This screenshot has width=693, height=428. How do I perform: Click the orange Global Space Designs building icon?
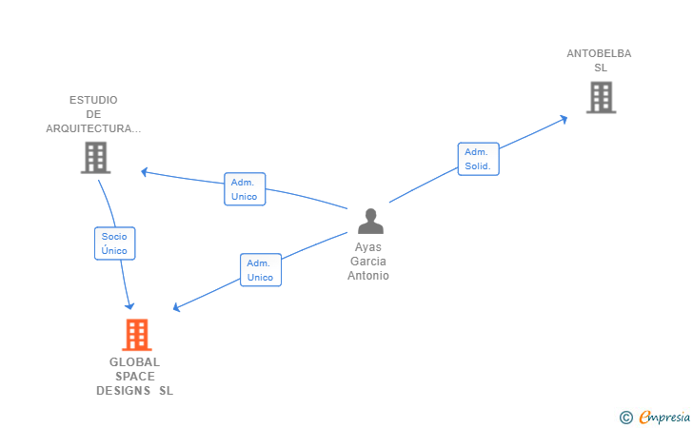[x=137, y=335]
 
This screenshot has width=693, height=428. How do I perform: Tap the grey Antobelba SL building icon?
[x=601, y=97]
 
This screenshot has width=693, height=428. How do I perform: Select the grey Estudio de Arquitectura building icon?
[x=95, y=158]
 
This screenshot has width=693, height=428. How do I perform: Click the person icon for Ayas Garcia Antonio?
[x=370, y=221]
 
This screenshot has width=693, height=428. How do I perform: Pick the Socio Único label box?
[x=114, y=243]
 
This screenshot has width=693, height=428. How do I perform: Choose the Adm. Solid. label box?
[x=477, y=159]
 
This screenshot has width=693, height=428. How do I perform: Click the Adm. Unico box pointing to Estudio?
[x=245, y=189]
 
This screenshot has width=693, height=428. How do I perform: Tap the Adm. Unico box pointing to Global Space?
[x=260, y=270]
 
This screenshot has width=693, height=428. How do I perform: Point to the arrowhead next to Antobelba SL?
[x=564, y=119]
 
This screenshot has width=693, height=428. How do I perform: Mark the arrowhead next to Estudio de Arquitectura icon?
[x=145, y=172]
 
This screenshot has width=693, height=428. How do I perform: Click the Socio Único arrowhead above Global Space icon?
[x=130, y=304]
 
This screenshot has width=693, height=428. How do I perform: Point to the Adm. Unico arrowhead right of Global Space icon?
[x=177, y=308]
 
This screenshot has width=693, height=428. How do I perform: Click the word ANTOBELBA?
[x=599, y=53]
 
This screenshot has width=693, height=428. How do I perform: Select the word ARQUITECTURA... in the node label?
[x=93, y=128]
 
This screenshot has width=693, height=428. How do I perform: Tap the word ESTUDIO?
[x=93, y=100]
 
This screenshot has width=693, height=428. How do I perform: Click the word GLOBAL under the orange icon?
[x=134, y=361]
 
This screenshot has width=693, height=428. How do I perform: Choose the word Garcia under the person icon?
[x=369, y=262]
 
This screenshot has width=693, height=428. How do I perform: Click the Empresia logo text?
[x=664, y=416]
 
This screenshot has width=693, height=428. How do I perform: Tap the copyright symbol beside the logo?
[x=625, y=417]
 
